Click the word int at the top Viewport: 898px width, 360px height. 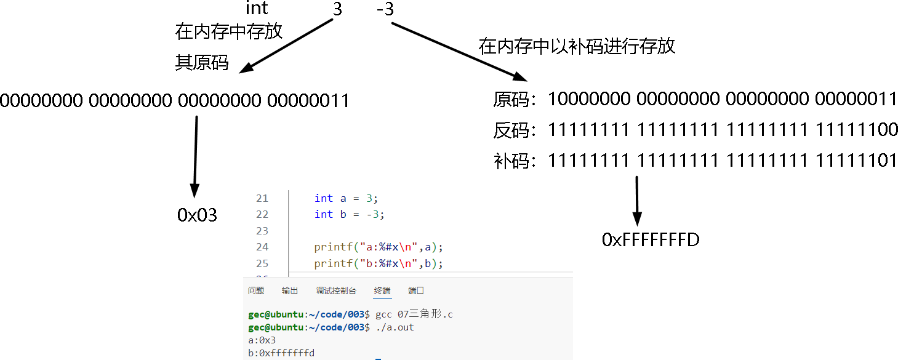pyautogui.click(x=257, y=8)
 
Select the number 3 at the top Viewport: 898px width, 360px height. pyautogui.click(x=337, y=10)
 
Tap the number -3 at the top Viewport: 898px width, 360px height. pyautogui.click(x=384, y=10)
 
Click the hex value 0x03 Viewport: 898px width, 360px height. pyautogui.click(x=198, y=215)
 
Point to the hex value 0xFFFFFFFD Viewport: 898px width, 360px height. pyautogui.click(x=651, y=239)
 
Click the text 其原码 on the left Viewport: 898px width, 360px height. pyautogui.click(x=202, y=63)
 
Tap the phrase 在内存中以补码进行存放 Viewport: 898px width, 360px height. pyautogui.click(x=577, y=46)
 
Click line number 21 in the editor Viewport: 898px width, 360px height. pyautogui.click(x=262, y=198)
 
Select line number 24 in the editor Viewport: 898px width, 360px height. pyautogui.click(x=262, y=247)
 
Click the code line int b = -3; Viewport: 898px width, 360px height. pyautogui.click(x=350, y=214)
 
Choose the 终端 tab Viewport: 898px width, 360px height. pyautogui.click(x=382, y=290)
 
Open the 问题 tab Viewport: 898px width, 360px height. pyautogui.click(x=256, y=290)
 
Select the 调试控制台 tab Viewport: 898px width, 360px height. pyautogui.click(x=336, y=290)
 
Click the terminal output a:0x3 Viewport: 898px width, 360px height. pyautogui.click(x=262, y=340)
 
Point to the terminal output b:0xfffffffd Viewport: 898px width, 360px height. pyautogui.click(x=281, y=353)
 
